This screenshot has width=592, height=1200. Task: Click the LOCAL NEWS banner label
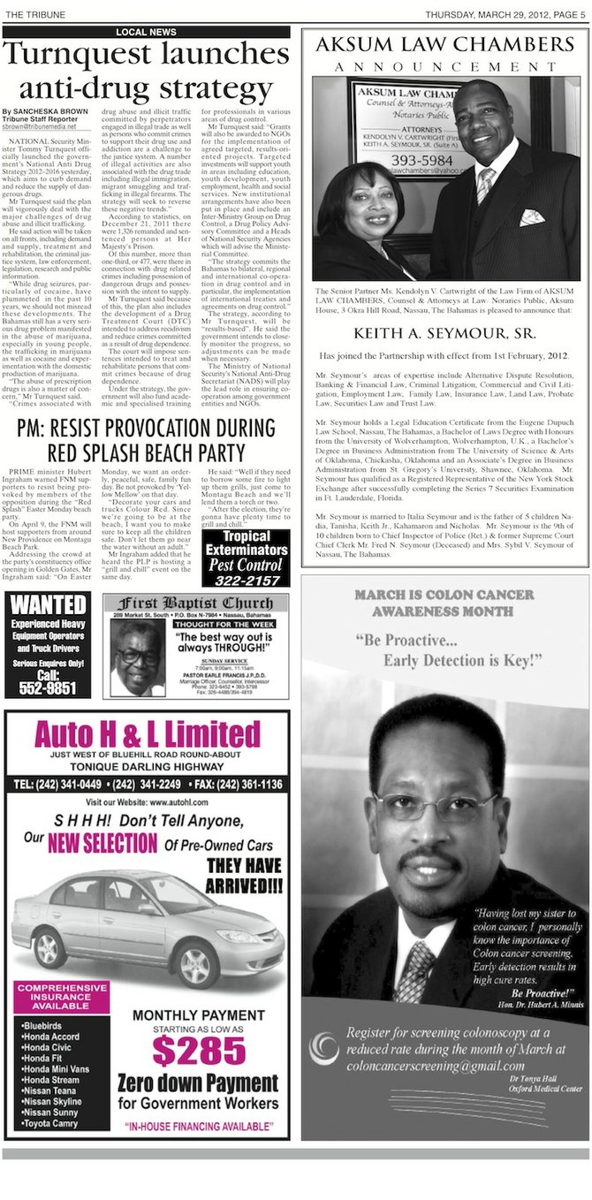146,32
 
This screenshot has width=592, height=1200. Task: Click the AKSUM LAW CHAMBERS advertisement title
445,45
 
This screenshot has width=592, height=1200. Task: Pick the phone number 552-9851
48,687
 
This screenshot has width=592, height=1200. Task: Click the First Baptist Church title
200,604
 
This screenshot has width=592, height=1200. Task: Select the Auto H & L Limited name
147,736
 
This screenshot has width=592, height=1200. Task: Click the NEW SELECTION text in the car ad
102,842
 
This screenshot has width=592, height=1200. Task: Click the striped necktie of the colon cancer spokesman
414,969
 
